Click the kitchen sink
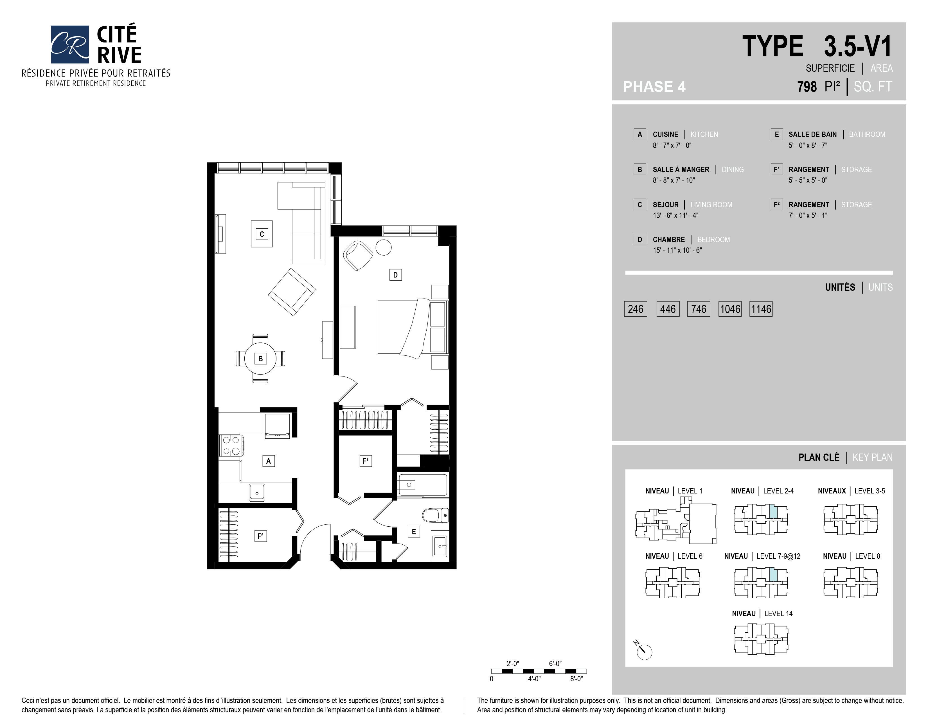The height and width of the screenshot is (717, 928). point(257,492)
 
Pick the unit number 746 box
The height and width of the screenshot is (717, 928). point(699,309)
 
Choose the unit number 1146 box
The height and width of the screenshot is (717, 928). point(761,309)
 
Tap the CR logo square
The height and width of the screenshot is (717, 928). point(70,44)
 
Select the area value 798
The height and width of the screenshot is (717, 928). point(807,87)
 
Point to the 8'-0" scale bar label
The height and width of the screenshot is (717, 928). point(576,679)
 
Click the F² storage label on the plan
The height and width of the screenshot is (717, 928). point(260,536)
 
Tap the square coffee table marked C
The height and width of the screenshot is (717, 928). point(262,234)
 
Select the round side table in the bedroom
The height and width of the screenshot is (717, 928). point(384,248)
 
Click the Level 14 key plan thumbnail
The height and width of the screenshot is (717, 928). point(761,639)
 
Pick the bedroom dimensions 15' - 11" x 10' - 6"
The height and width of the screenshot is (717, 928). point(677,251)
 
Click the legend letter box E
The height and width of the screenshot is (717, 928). point(777,134)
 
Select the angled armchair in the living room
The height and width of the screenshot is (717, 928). point(292,292)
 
